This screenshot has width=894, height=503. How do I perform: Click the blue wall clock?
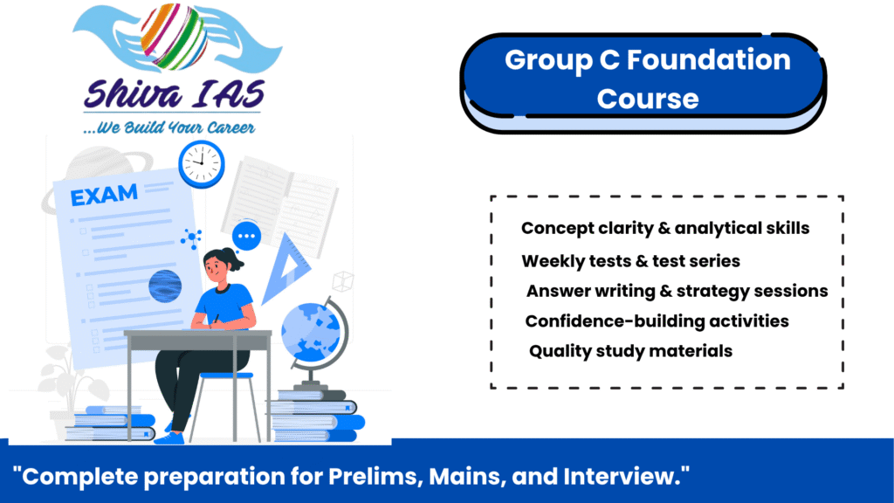[202, 163]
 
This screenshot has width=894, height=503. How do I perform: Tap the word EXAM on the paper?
[104, 195]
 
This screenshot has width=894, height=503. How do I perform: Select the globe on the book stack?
[313, 333]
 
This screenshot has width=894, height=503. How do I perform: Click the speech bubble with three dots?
[246, 236]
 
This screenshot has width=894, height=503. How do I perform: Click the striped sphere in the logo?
[174, 36]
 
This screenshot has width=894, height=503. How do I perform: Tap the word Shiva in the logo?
[134, 94]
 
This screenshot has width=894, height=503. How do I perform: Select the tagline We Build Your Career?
[168, 127]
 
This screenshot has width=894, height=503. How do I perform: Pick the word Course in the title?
[648, 100]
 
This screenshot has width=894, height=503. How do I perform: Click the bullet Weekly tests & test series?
[630, 261]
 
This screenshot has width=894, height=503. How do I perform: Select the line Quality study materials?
[630, 351]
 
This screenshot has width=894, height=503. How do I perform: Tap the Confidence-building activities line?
[657, 321]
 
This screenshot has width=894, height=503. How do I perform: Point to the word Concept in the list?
[558, 229]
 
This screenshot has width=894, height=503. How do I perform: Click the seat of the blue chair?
[226, 376]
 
